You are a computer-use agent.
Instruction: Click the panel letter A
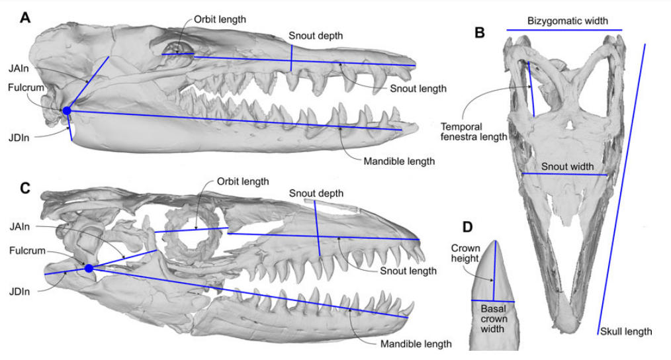point(24,18)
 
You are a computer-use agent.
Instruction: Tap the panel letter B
point(480,32)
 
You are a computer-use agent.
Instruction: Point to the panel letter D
point(467,226)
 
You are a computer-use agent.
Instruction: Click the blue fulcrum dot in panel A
point(67,111)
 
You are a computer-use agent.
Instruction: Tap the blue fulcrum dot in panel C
point(89,268)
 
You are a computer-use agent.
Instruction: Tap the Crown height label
point(465,254)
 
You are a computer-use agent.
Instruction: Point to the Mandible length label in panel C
point(416,343)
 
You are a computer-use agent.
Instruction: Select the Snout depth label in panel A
point(316,36)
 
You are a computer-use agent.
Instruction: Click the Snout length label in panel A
point(418,89)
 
